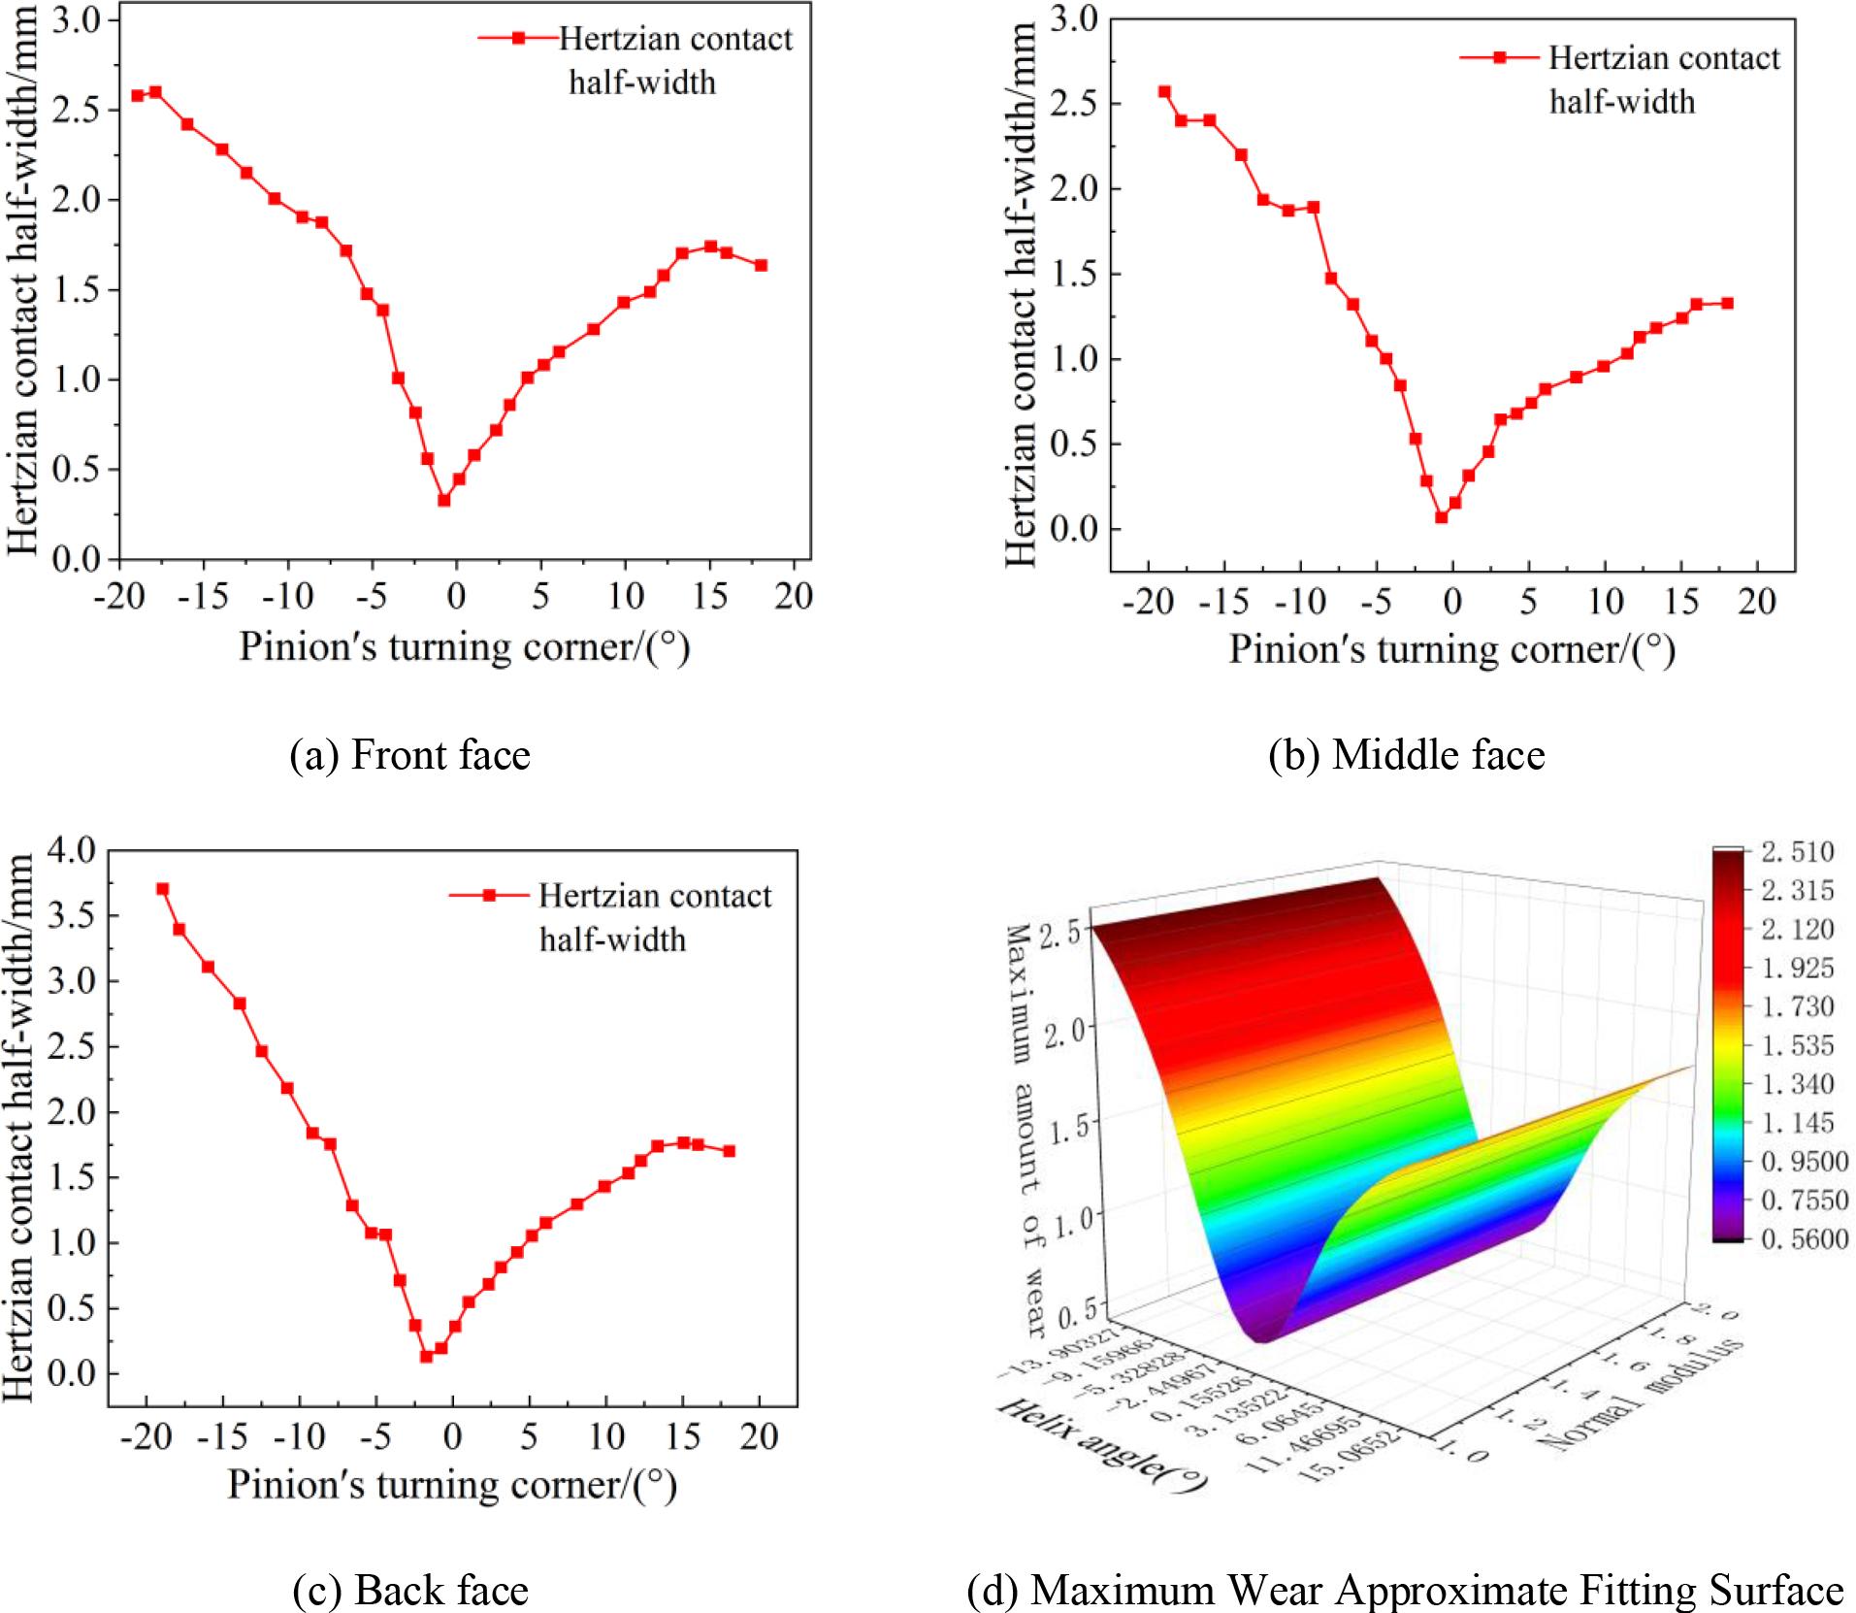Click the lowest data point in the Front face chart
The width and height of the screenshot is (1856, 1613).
coord(443,501)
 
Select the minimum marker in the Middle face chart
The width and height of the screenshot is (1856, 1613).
coord(1442,517)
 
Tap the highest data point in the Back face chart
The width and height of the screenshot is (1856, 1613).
coord(163,889)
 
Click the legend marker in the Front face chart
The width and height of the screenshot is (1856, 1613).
coord(518,38)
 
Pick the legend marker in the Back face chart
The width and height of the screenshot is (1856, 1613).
coord(490,895)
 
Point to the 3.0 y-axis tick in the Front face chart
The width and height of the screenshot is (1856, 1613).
coord(78,20)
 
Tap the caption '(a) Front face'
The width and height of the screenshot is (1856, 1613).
coord(410,754)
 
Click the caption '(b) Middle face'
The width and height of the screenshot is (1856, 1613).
coord(1406,754)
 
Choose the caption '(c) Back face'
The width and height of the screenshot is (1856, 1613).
coord(410,1589)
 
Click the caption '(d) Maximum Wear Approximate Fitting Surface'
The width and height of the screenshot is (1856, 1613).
coord(1405,1589)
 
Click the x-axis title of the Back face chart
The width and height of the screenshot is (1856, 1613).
coord(451,1485)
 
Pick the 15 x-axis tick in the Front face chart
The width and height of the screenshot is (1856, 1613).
coord(710,595)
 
